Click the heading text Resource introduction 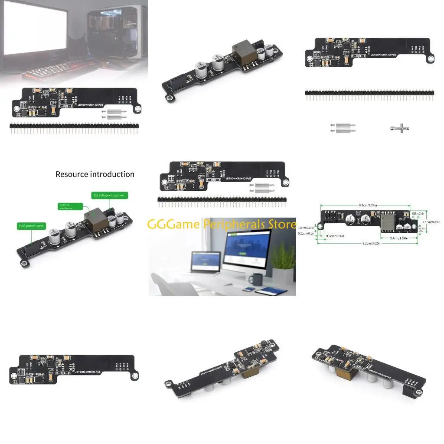pos(95,174)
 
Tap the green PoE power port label pos(32,226)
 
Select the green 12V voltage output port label pos(108,196)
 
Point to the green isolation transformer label pos(69,206)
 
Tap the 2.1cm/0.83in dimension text pos(431,222)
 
